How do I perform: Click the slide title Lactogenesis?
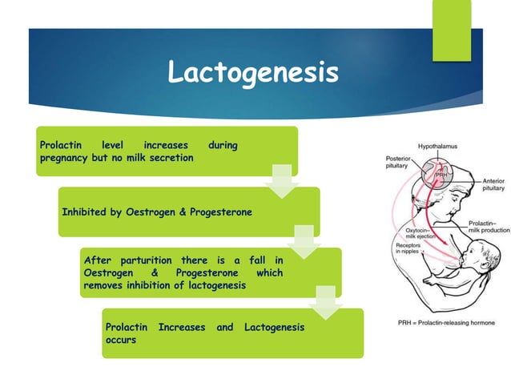click(253, 74)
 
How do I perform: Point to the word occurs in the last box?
click(120, 340)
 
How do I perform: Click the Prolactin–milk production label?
click(488, 226)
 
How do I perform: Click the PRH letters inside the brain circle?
click(440, 174)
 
